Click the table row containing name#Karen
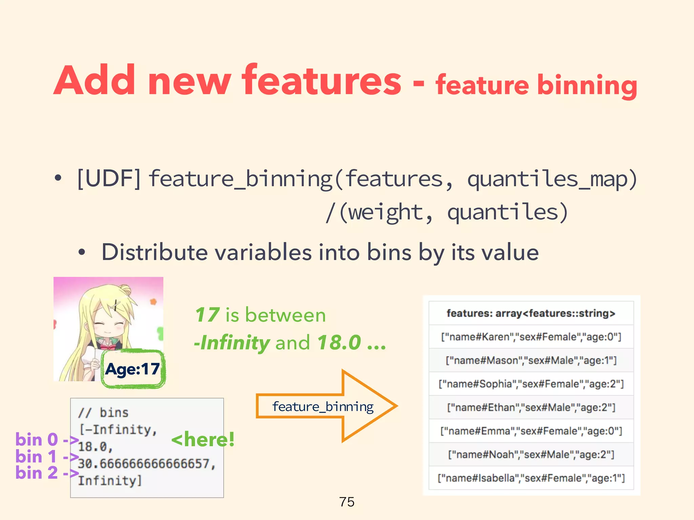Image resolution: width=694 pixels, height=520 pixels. tap(531, 337)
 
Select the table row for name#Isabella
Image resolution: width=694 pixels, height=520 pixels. tap(531, 478)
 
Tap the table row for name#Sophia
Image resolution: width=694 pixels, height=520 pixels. tap(531, 384)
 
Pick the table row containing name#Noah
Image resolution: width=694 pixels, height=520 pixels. tap(531, 454)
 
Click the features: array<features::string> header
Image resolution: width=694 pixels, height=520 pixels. tap(531, 313)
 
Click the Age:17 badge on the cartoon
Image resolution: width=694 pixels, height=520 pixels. tap(133, 369)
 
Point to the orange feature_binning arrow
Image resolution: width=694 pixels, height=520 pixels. tap(325, 406)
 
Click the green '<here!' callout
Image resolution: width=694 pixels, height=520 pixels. tap(203, 440)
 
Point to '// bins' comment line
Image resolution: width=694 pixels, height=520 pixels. tap(103, 413)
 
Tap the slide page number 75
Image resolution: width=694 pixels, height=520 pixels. tap(347, 502)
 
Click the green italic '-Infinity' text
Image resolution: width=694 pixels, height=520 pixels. tap(232, 343)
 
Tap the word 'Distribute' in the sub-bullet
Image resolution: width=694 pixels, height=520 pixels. tap(155, 253)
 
